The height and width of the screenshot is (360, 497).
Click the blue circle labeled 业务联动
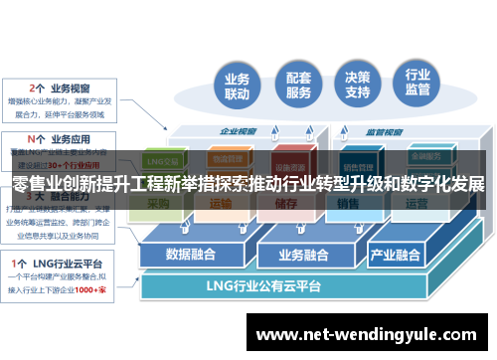coord(237,87)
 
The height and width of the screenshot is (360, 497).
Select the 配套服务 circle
coord(298,87)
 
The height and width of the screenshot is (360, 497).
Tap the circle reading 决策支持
coord(358,87)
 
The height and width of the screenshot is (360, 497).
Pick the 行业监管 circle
coord(418,87)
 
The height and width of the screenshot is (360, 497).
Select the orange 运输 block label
coord(221,205)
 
